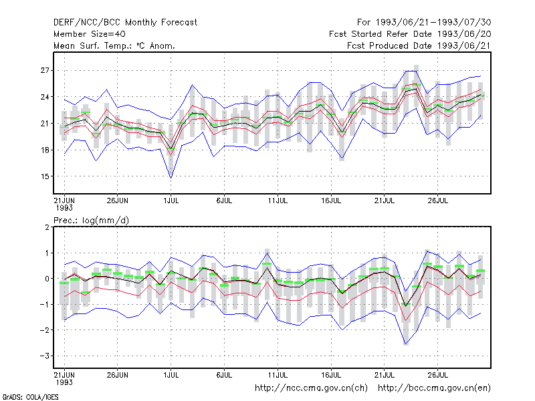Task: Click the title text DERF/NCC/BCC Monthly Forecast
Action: [125, 23]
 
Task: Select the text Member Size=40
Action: [90, 34]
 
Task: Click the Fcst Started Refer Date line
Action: [410, 34]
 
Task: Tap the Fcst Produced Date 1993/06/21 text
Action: [419, 45]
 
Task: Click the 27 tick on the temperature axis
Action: [45, 71]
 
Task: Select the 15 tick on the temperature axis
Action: [45, 176]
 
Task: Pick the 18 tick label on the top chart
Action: [45, 150]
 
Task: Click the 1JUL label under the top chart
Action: [171, 200]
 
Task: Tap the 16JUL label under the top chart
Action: [331, 200]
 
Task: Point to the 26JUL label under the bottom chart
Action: [438, 375]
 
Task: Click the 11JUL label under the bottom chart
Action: [278, 375]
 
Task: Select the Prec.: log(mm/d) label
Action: [92, 221]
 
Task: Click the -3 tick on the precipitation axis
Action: [44, 356]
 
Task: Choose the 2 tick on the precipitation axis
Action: [47, 227]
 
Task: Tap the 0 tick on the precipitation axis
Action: [47, 279]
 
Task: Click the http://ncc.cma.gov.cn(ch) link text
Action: [311, 388]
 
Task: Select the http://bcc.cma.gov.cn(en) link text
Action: [434, 388]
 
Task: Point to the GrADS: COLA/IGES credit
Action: [30, 397]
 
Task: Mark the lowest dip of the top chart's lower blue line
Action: [171, 178]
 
